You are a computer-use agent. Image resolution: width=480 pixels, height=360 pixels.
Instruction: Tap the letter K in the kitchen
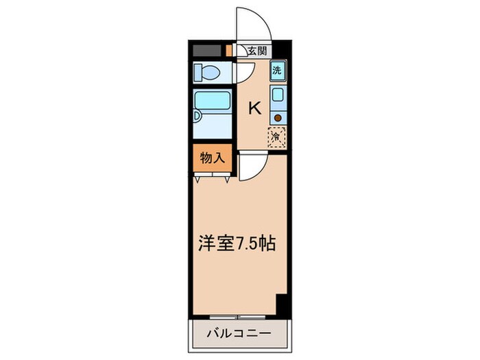coord(254,108)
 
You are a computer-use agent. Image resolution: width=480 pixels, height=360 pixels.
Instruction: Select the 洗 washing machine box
coord(277,70)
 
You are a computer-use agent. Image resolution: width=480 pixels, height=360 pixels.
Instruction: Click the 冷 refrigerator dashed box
coord(276,136)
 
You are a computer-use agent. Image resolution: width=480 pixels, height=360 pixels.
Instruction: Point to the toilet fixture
coord(206,72)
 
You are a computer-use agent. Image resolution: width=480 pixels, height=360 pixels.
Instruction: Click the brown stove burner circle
coord(278,117)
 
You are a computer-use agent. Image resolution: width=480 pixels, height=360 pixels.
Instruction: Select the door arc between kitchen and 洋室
coord(254,168)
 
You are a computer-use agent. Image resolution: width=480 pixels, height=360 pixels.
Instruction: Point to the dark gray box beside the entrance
coord(207,50)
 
